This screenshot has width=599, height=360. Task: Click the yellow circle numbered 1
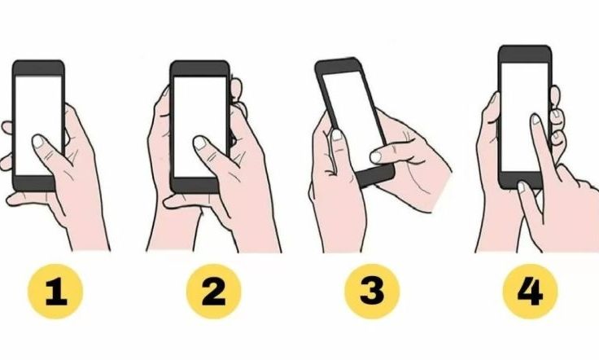pos(55,292)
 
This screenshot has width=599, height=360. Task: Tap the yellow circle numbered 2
pos(214,292)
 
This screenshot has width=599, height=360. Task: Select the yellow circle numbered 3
pos(372,292)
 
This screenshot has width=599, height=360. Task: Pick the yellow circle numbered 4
pos(531,292)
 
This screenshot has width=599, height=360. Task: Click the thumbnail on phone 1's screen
pos(38,141)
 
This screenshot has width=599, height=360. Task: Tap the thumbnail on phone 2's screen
pos(199,143)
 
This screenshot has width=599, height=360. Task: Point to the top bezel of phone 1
pos(38,68)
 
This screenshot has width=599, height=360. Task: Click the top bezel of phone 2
pos(199,68)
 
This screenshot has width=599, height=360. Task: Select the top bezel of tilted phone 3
pos(338,66)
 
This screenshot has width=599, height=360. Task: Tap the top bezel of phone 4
pos(525,54)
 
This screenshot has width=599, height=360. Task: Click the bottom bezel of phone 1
pos(34,184)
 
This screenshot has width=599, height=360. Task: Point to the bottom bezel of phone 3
pos(375,175)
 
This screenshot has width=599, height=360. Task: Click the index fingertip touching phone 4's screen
pos(536,119)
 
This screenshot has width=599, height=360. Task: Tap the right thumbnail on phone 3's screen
pos(376,156)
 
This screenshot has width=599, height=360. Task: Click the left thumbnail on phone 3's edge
pos(337,135)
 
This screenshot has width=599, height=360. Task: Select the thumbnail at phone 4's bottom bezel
pos(522,187)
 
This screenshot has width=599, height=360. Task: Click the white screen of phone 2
pos(200,126)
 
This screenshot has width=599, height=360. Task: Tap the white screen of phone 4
pos(524,117)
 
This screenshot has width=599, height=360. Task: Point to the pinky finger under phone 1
pos(28,199)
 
